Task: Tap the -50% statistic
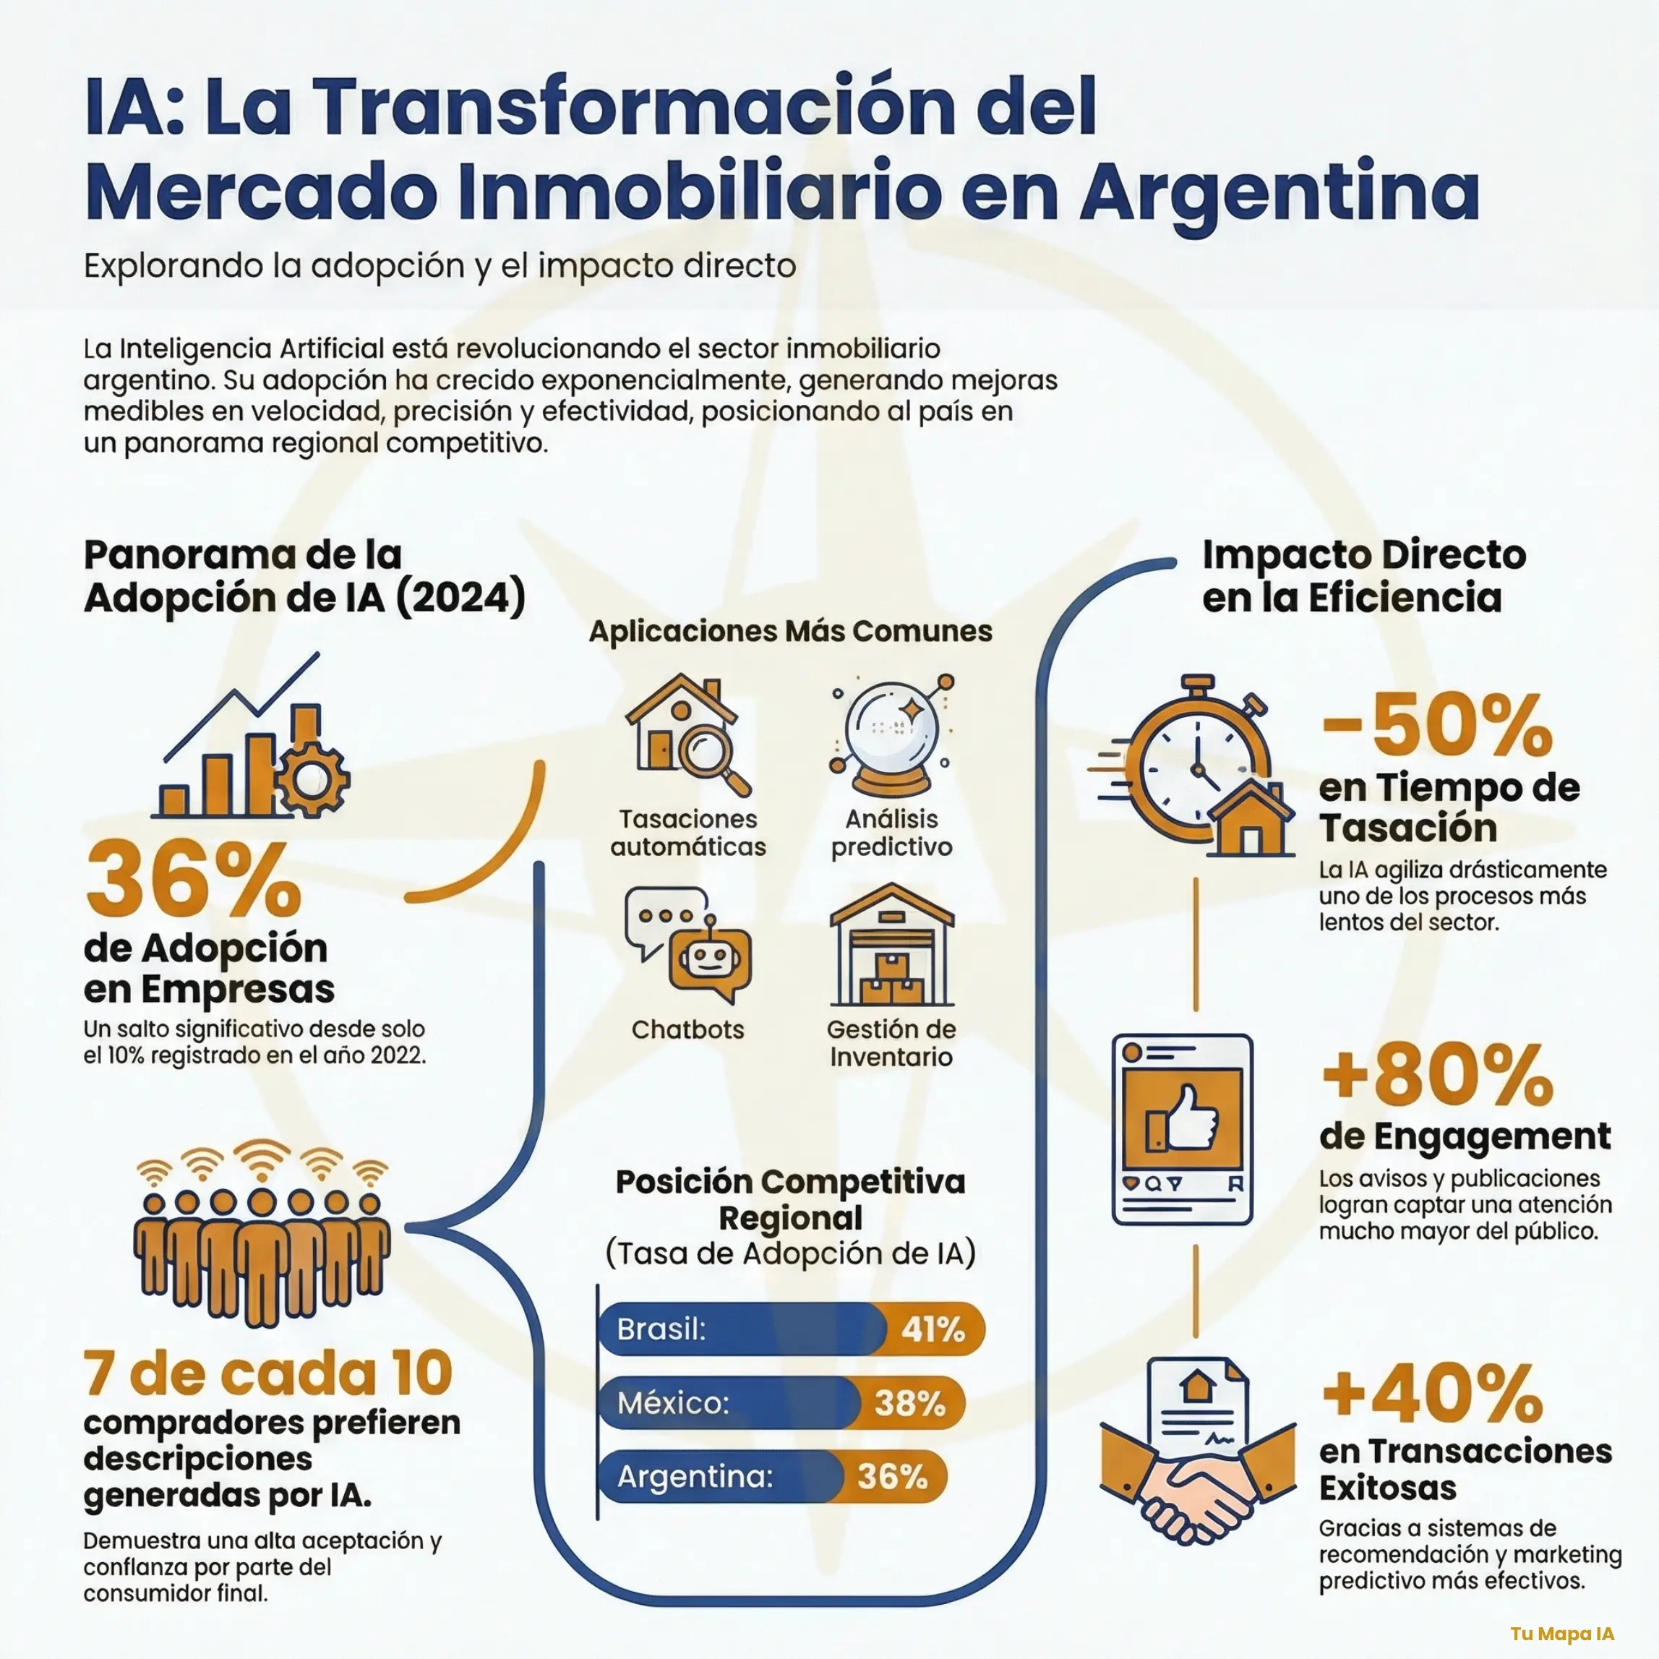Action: click(1436, 726)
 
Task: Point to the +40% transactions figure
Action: click(1432, 1393)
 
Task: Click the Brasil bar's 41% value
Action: click(933, 1329)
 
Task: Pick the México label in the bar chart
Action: click(673, 1403)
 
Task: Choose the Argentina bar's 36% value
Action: click(892, 1477)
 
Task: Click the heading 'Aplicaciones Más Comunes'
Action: click(790, 631)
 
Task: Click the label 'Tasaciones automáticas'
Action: click(687, 832)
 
